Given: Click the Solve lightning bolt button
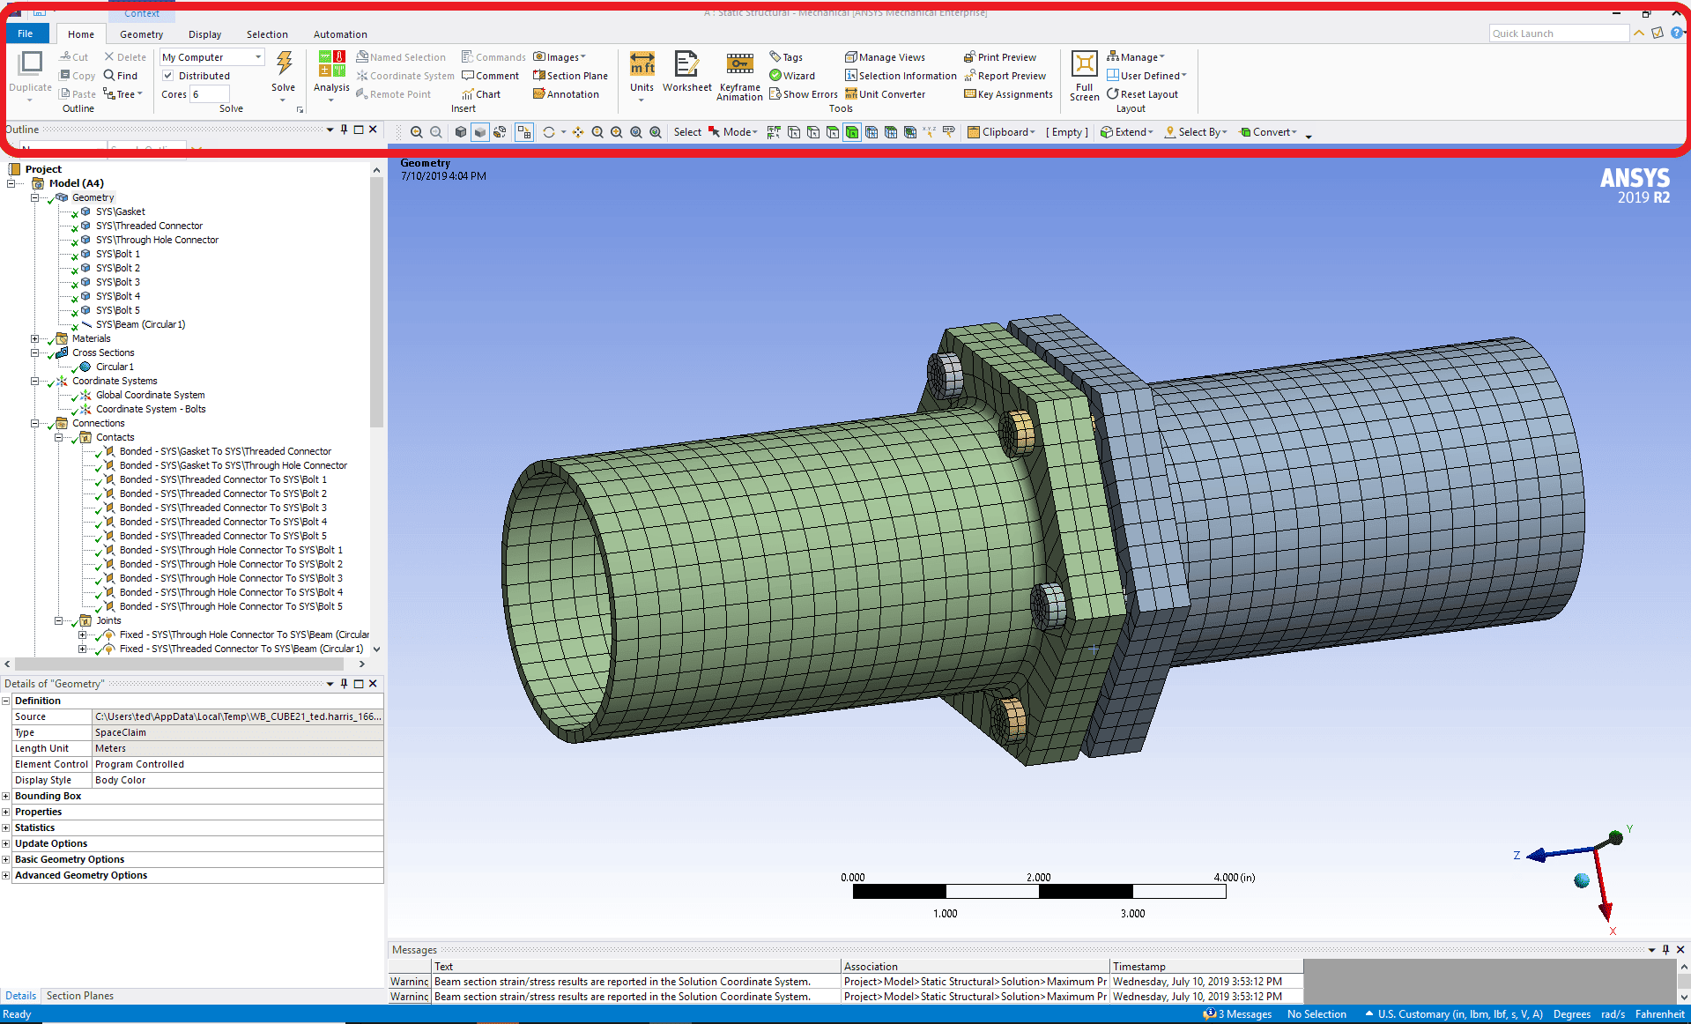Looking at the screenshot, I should point(284,66).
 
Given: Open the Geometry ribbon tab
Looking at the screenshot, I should point(141,34).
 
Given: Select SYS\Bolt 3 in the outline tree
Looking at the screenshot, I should point(117,282).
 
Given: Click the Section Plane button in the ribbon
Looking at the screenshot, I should point(570,76).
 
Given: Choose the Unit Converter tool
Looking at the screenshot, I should point(886,94).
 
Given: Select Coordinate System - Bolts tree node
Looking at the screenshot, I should point(150,409).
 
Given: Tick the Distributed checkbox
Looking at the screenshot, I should point(168,76).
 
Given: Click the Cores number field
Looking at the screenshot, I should point(210,94).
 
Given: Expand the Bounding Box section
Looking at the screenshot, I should point(6,796).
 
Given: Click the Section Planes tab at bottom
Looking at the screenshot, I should point(80,996).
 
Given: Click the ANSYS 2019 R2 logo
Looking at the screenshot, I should point(1635,185).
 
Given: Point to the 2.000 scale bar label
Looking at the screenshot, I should point(1038,877).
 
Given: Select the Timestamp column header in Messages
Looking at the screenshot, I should point(1138,967).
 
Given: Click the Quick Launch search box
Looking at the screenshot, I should point(1557,33).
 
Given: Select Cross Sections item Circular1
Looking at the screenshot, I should point(115,367).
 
